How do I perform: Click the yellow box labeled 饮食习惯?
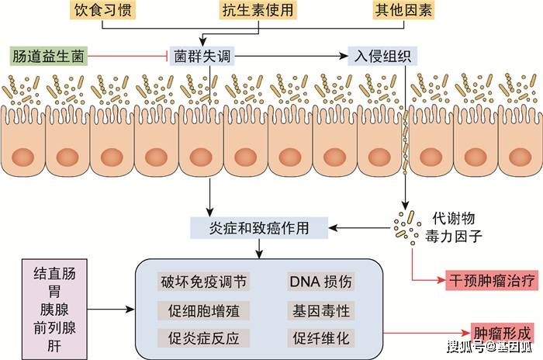pyautogui.click(x=102, y=10)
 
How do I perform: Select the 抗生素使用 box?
pyautogui.click(x=258, y=10)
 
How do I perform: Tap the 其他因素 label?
pyautogui.click(x=404, y=10)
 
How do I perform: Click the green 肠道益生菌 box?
pyautogui.click(x=48, y=56)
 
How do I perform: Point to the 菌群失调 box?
pyautogui.click(x=202, y=56)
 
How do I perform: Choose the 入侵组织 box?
pyautogui.click(x=382, y=56)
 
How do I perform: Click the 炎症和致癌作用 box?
pyautogui.click(x=259, y=228)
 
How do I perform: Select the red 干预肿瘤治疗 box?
pyautogui.click(x=492, y=280)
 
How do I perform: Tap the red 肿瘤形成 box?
pyautogui.click(x=502, y=334)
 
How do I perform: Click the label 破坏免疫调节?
pyautogui.click(x=203, y=282)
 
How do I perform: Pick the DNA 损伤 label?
pyautogui.click(x=320, y=282)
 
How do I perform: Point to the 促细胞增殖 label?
pyautogui.click(x=203, y=310)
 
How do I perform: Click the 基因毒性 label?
pyautogui.click(x=320, y=310)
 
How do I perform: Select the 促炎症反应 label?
pyautogui.click(x=203, y=338)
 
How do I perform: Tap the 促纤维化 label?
pyautogui.click(x=320, y=338)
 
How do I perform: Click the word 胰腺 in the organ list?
pyautogui.click(x=54, y=310)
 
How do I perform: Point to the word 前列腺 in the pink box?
pyautogui.click(x=54, y=327)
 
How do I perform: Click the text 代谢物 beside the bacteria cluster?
pyautogui.click(x=453, y=219)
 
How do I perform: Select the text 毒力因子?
pyautogui.click(x=453, y=237)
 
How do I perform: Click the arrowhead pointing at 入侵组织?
pyautogui.click(x=344, y=56)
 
